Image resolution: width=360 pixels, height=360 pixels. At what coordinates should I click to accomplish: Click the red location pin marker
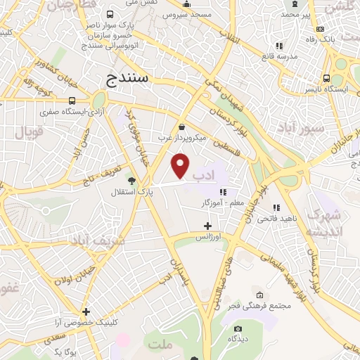tap(181, 167)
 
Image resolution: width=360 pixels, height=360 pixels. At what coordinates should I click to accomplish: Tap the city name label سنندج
tap(127, 79)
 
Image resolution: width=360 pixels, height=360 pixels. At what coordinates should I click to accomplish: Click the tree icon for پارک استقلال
tap(133, 181)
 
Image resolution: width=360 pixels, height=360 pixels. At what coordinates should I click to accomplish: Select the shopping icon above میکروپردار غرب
tap(182, 127)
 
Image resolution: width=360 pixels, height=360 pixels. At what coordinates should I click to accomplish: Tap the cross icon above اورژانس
tap(207, 226)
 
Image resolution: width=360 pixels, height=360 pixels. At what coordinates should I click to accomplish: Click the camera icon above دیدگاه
tap(237, 328)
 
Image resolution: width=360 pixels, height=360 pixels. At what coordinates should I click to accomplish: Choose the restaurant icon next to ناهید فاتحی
tap(276, 208)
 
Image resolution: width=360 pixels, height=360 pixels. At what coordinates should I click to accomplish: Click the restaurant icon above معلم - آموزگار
tap(223, 192)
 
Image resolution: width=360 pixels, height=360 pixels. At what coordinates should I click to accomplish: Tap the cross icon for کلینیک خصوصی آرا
tap(86, 311)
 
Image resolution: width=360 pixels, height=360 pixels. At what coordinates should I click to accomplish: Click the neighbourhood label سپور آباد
tap(301, 129)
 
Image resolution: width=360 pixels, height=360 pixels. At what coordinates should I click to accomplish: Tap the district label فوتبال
tap(30, 130)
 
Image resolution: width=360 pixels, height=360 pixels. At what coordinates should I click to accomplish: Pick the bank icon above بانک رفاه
tap(321, 30)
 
